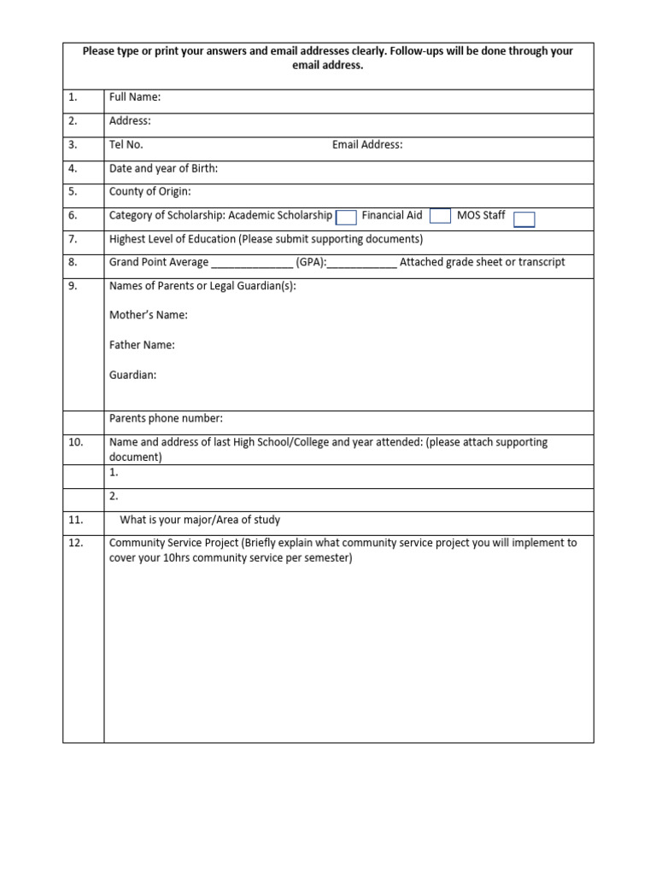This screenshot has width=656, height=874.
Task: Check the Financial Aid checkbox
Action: pyautogui.click(x=440, y=216)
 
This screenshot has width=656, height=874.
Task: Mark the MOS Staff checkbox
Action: pyautogui.click(x=524, y=219)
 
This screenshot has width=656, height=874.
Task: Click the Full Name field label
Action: pyautogui.click(x=135, y=97)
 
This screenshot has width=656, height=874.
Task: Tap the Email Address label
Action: pyautogui.click(x=367, y=145)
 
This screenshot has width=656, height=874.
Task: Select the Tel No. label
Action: pyautogui.click(x=126, y=145)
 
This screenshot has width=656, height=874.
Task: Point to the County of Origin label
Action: pyautogui.click(x=150, y=192)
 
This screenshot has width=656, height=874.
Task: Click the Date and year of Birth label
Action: pyautogui.click(x=163, y=169)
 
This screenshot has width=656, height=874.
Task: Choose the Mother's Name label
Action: pyautogui.click(x=149, y=316)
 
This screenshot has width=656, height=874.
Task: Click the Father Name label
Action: pyautogui.click(x=142, y=346)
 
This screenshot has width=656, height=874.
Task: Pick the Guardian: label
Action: pyautogui.click(x=132, y=376)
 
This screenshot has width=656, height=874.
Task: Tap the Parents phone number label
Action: pyautogui.click(x=166, y=418)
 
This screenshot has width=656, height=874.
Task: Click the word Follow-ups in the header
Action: pyautogui.click(x=418, y=51)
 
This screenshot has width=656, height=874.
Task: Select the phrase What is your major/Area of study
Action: pyautogui.click(x=200, y=520)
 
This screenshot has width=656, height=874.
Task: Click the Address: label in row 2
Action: pyautogui.click(x=130, y=121)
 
